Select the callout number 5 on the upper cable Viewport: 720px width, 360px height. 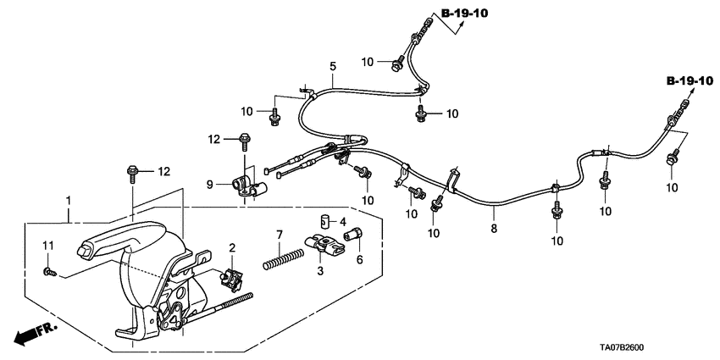coord(333,65)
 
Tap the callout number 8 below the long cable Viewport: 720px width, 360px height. coord(494,229)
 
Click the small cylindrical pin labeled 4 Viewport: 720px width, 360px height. coord(323,223)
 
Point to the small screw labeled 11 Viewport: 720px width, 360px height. coord(49,272)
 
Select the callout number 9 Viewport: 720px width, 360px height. coord(210,182)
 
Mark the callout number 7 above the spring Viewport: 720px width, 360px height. coord(279,234)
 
